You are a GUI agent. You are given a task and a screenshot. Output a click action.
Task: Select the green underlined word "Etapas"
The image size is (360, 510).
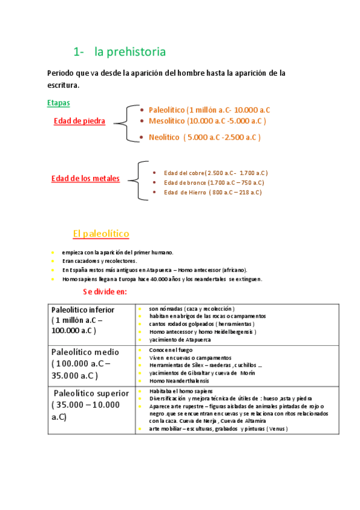[58, 103]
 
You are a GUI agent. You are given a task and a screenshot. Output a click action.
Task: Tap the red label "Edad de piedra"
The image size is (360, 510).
[79, 121]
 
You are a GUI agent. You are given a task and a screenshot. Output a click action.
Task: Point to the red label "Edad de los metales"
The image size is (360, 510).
[85, 178]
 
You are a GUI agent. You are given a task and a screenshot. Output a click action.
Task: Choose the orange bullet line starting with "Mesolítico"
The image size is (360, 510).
[207, 121]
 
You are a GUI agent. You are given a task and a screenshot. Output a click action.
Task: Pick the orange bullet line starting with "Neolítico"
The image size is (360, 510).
[204, 137]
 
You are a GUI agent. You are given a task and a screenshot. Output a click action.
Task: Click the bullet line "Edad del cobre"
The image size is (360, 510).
[215, 173]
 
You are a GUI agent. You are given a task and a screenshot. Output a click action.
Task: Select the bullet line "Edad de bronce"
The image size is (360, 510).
[213, 182]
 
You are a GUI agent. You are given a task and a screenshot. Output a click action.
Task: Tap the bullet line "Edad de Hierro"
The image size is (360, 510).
[212, 192]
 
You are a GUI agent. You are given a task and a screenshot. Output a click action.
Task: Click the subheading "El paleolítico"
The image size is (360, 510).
[101, 233]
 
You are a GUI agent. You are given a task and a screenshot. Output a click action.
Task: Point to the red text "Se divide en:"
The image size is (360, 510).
[105, 292]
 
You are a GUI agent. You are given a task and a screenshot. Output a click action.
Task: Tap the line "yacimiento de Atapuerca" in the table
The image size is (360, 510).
[180, 339]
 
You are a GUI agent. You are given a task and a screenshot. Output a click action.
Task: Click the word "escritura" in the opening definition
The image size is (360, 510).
[63, 85]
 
